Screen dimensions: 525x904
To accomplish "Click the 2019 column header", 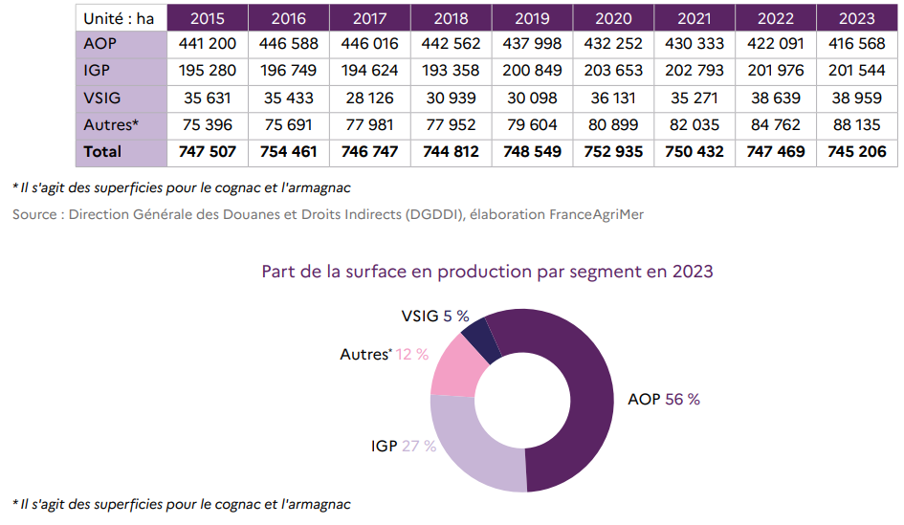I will (x=533, y=18).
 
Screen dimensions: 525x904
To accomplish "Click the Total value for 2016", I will (x=289, y=152).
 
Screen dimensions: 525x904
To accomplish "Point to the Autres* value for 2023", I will (x=856, y=125).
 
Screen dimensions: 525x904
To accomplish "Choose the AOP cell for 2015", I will (x=208, y=45).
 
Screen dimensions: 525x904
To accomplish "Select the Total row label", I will (x=102, y=152).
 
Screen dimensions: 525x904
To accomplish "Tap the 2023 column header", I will (x=856, y=18).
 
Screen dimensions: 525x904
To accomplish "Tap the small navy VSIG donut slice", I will (x=482, y=336).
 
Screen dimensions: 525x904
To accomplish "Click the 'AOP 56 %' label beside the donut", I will (x=663, y=399).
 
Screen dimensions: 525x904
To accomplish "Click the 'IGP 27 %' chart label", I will (x=404, y=446).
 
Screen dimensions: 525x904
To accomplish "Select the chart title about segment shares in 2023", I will (x=487, y=271).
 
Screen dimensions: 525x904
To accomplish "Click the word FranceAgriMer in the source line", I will (x=596, y=214).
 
